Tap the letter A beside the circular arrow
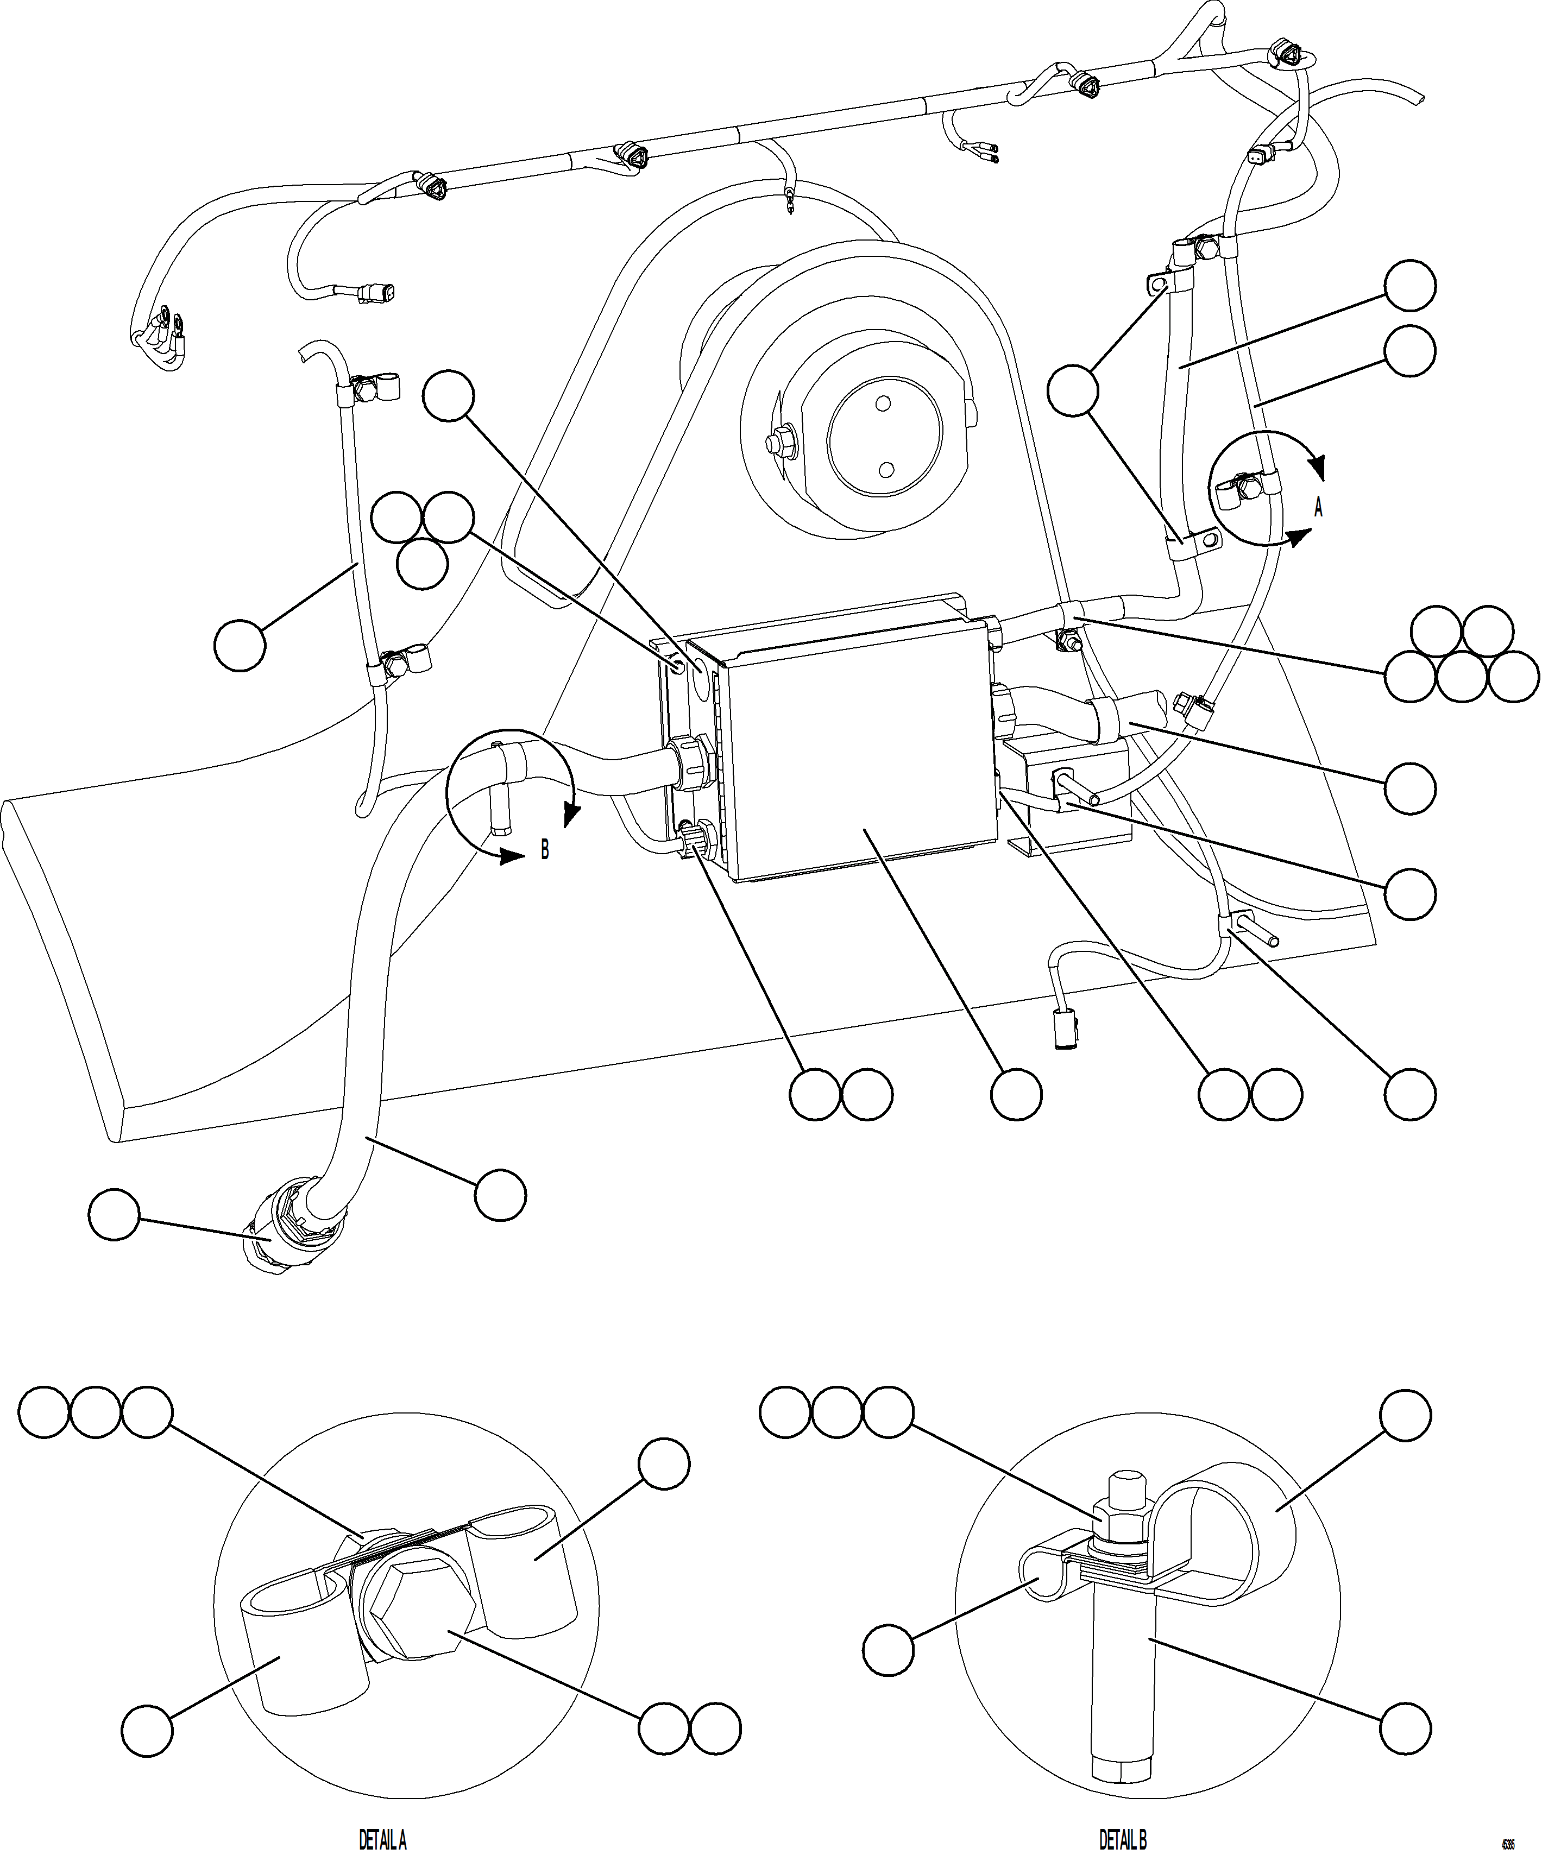click(1318, 507)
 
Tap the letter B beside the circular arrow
click(544, 850)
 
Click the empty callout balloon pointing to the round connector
click(114, 1215)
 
